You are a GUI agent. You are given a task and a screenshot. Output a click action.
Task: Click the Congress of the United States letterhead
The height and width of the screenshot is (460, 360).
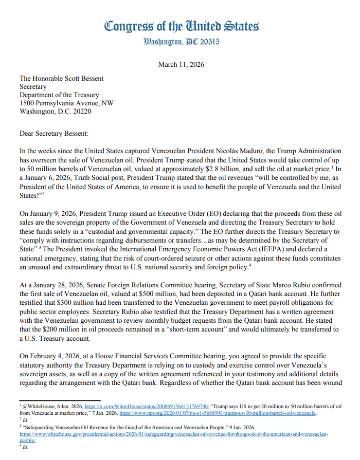[x=182, y=26]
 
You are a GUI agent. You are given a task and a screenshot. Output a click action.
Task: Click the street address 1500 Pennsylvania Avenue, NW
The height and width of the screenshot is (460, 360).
[x=67, y=103]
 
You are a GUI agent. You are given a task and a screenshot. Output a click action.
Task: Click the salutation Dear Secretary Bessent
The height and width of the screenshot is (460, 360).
[x=54, y=134]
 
